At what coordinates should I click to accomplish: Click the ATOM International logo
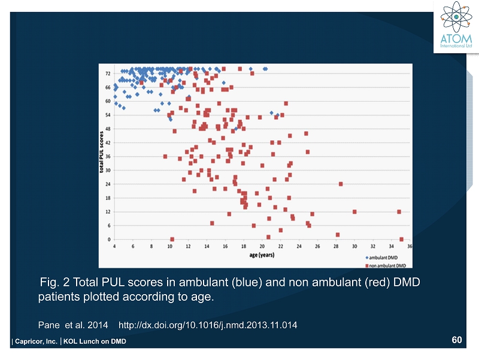pos(456,27)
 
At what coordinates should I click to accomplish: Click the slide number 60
pos(457,340)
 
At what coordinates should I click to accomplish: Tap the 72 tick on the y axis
pos(108,73)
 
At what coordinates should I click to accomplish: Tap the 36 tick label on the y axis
pos(108,156)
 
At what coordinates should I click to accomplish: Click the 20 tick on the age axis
pos(262,246)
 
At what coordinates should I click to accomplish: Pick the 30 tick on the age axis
pos(354,246)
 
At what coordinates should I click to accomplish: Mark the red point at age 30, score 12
pos(354,211)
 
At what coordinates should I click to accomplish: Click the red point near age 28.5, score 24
pos(341,184)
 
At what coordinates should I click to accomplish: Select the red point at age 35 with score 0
pos(401,239)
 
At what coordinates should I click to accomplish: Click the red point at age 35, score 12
pos(399,211)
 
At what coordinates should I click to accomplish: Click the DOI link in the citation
pos(208,325)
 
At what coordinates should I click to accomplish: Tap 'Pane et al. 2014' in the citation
pos(73,325)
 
